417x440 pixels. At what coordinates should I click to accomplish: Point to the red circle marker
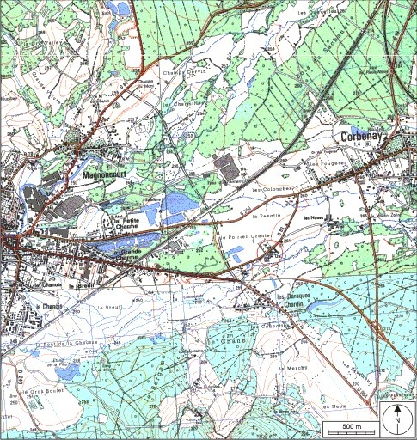point(270,253)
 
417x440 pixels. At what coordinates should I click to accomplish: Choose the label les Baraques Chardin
point(292,302)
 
